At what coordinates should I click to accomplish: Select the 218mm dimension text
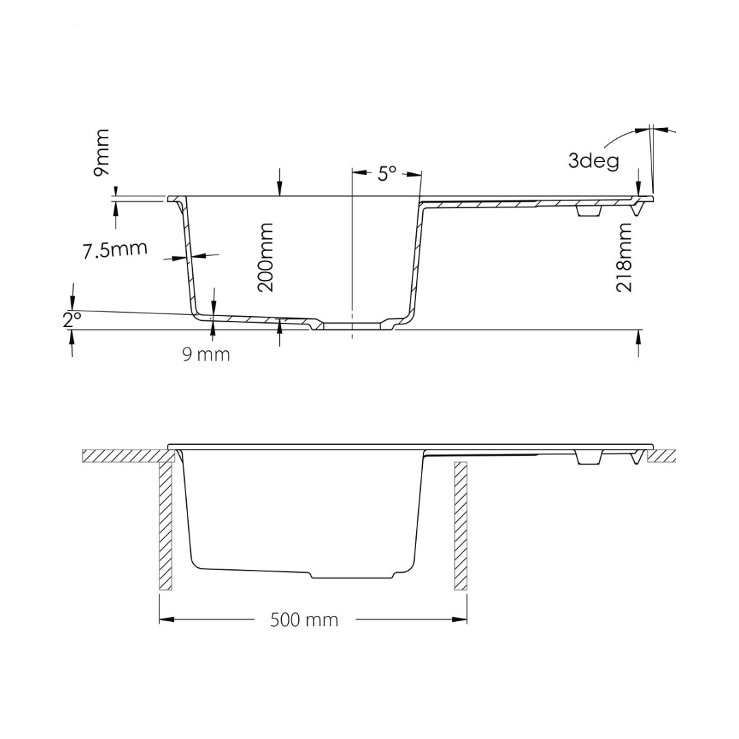coord(624,257)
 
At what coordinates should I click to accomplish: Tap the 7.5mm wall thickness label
coord(115,249)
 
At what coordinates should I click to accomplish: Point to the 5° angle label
coord(387,174)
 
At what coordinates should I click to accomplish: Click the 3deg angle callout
coord(593,161)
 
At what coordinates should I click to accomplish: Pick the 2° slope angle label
coord(72,320)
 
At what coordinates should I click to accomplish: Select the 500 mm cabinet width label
coord(304,620)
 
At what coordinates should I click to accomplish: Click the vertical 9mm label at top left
coord(101,153)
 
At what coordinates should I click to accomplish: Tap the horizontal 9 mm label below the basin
coord(207,354)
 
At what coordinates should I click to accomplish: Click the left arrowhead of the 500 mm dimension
coord(166,619)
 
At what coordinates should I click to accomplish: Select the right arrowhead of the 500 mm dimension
coord(460,619)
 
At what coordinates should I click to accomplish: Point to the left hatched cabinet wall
coord(166,526)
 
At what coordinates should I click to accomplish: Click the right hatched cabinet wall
coord(461,526)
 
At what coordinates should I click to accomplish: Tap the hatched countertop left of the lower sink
coord(127,456)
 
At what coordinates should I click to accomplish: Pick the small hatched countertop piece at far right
coord(662,456)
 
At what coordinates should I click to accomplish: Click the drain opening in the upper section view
coord(352,326)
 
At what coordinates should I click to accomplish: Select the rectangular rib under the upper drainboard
coord(589,211)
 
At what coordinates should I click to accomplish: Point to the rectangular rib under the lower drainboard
coord(589,458)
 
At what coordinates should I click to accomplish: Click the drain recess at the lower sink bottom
coord(352,575)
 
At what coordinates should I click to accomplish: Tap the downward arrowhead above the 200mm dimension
coord(280,189)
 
